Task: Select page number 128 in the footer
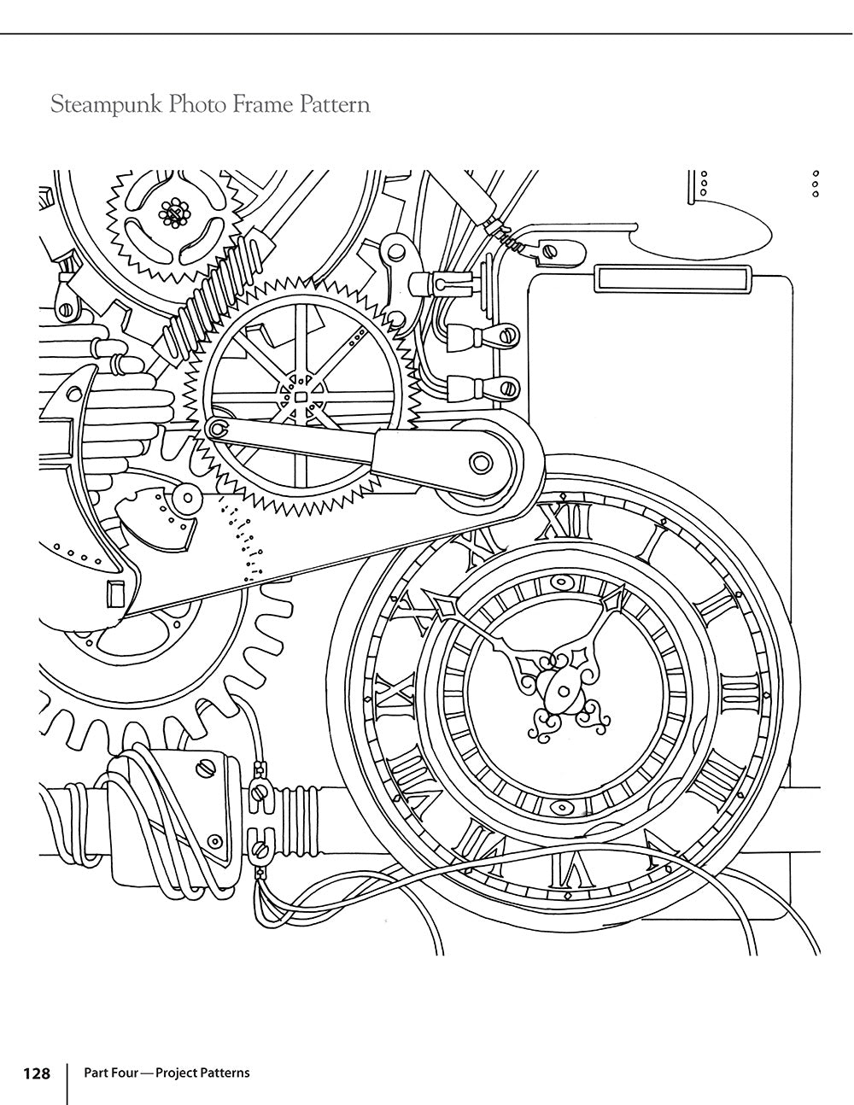coord(36,1073)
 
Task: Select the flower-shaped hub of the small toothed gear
coord(174,213)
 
